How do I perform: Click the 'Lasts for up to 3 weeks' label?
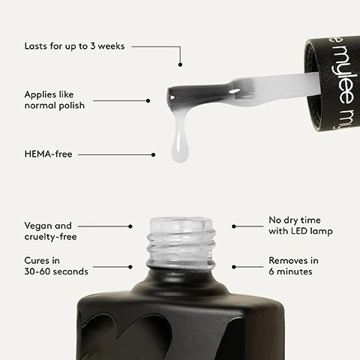pos(74,46)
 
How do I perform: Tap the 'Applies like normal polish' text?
pos(55,100)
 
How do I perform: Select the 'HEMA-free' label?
pos(48,154)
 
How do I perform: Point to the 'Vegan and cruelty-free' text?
pos(50,231)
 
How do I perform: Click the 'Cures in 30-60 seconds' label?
pos(56,266)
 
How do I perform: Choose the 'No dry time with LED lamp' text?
pos(301,226)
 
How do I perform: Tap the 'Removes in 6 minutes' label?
pos(293,266)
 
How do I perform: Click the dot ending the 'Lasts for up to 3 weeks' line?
pos(180,64)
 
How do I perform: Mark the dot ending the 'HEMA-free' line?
pos(153,154)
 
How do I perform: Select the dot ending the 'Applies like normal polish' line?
pos(148,100)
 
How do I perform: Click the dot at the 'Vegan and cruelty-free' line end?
pos(130,226)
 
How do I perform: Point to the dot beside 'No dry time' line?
pos(234,226)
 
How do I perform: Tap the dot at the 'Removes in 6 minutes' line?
pos(234,267)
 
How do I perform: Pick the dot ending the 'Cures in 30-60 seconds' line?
pos(130,267)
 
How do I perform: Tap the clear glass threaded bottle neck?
pos(181,242)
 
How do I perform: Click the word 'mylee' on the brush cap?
pos(343,75)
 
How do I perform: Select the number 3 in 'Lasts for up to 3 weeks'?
pos(93,46)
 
